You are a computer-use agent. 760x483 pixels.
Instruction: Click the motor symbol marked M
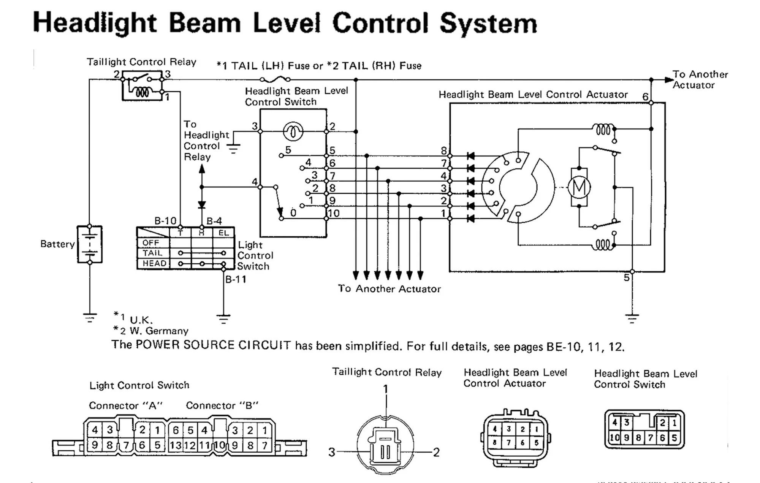click(x=579, y=187)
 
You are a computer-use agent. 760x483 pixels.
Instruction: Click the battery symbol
click(x=90, y=244)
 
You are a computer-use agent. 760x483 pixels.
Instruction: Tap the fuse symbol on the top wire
click(x=275, y=79)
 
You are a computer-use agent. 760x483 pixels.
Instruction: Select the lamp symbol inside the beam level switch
click(x=293, y=132)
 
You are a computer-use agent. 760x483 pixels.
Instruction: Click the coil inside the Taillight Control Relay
click(x=142, y=92)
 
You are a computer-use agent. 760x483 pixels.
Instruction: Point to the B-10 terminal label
click(x=165, y=221)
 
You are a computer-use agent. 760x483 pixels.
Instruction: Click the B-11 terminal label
click(x=236, y=279)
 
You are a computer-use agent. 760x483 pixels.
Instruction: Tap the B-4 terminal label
click(x=214, y=221)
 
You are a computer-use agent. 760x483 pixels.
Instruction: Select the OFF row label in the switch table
click(x=151, y=243)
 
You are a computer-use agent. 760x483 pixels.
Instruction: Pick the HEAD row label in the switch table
click(x=154, y=263)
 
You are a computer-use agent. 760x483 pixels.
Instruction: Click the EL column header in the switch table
click(x=223, y=233)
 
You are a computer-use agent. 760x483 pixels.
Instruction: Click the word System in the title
click(x=488, y=24)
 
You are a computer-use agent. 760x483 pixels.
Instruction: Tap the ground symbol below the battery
click(x=90, y=318)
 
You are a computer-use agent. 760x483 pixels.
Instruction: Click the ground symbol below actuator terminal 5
click(x=632, y=318)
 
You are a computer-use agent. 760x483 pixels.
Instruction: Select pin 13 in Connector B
click(x=176, y=445)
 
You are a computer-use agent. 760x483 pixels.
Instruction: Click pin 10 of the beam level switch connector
click(x=614, y=438)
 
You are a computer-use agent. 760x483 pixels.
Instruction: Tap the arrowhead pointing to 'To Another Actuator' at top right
click(x=669, y=80)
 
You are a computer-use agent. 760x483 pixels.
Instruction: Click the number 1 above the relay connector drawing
click(x=386, y=389)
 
